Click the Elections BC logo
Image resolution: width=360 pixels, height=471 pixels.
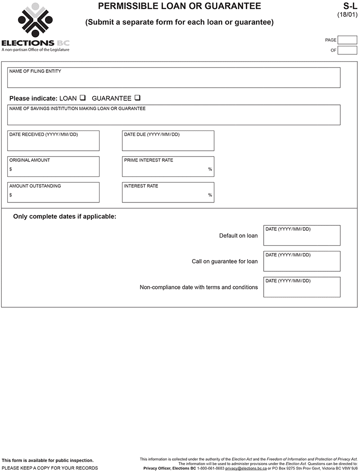[36, 27]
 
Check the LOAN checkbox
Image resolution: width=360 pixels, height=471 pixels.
[83, 98]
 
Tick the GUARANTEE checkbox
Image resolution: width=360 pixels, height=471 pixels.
[137, 98]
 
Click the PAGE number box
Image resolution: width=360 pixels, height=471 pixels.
[347, 40]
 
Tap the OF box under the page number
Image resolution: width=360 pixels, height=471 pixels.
[347, 50]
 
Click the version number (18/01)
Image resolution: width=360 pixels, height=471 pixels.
[348, 14]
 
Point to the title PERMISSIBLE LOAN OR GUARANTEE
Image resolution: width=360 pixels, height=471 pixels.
[180, 6]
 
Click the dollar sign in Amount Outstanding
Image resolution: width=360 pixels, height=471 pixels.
[11, 195]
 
